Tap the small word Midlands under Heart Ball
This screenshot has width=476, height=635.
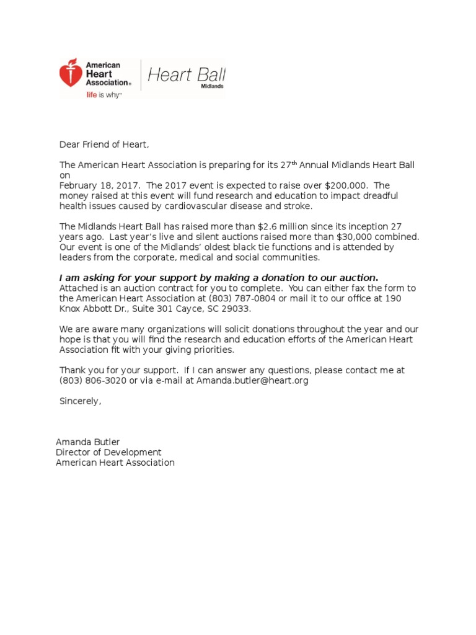pyautogui.click(x=213, y=87)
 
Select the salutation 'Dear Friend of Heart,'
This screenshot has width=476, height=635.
pyautogui.click(x=104, y=144)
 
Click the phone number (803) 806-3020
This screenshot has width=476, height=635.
pyautogui.click(x=92, y=380)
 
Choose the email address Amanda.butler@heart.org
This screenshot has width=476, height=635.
pyautogui.click(x=252, y=380)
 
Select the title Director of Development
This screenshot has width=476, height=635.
pyautogui.click(x=108, y=452)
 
